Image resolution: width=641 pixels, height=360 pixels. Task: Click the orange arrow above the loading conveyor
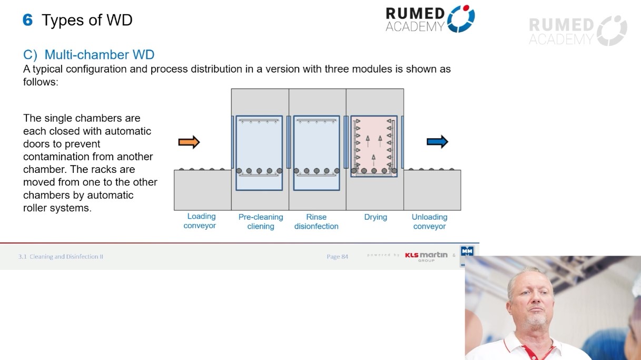pos(189,142)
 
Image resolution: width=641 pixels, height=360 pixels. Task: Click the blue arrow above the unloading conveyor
pos(437,142)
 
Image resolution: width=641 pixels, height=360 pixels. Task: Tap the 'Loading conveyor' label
pos(201,221)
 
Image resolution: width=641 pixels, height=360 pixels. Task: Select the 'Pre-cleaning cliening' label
pos(261,221)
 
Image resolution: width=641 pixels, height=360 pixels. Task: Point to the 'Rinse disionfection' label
pos(316,221)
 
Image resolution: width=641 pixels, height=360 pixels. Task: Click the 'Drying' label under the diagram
pos(376,217)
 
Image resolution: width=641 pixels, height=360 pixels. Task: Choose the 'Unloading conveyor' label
pos(429,221)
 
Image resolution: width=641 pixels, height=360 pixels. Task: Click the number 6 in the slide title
pos(28,20)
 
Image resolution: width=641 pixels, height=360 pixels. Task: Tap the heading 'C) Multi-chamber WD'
pos(88,55)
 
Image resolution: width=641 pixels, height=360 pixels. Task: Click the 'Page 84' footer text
pos(337,257)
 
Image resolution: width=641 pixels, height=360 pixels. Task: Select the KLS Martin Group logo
pos(426,256)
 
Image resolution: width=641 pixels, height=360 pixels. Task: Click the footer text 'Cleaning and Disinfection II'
pos(66,257)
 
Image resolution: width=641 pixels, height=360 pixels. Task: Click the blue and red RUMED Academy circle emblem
pos(461,18)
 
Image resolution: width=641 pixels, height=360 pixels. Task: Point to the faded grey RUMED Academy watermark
pos(577,31)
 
